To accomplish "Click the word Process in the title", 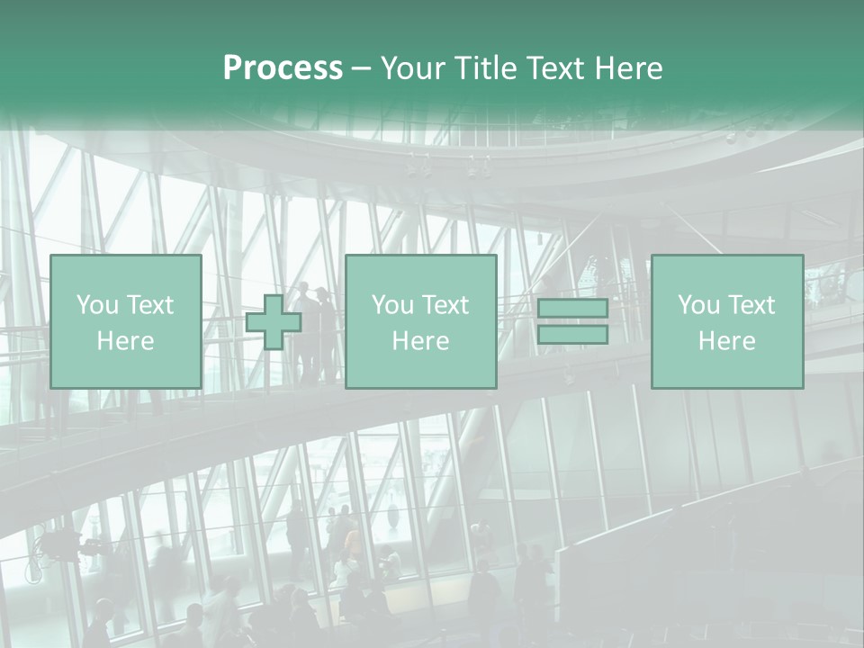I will [283, 68].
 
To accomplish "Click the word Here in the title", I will [630, 68].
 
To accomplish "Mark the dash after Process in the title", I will [361, 68].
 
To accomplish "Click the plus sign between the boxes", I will [274, 321].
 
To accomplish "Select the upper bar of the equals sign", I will [572, 308].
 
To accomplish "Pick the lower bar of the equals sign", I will [572, 335].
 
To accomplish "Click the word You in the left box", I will [97, 305].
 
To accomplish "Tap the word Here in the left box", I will [125, 341].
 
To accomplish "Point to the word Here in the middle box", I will [420, 341].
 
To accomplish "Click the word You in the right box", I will [698, 305].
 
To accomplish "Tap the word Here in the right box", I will [726, 341].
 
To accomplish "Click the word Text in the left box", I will [150, 305].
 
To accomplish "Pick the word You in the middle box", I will [392, 305].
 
